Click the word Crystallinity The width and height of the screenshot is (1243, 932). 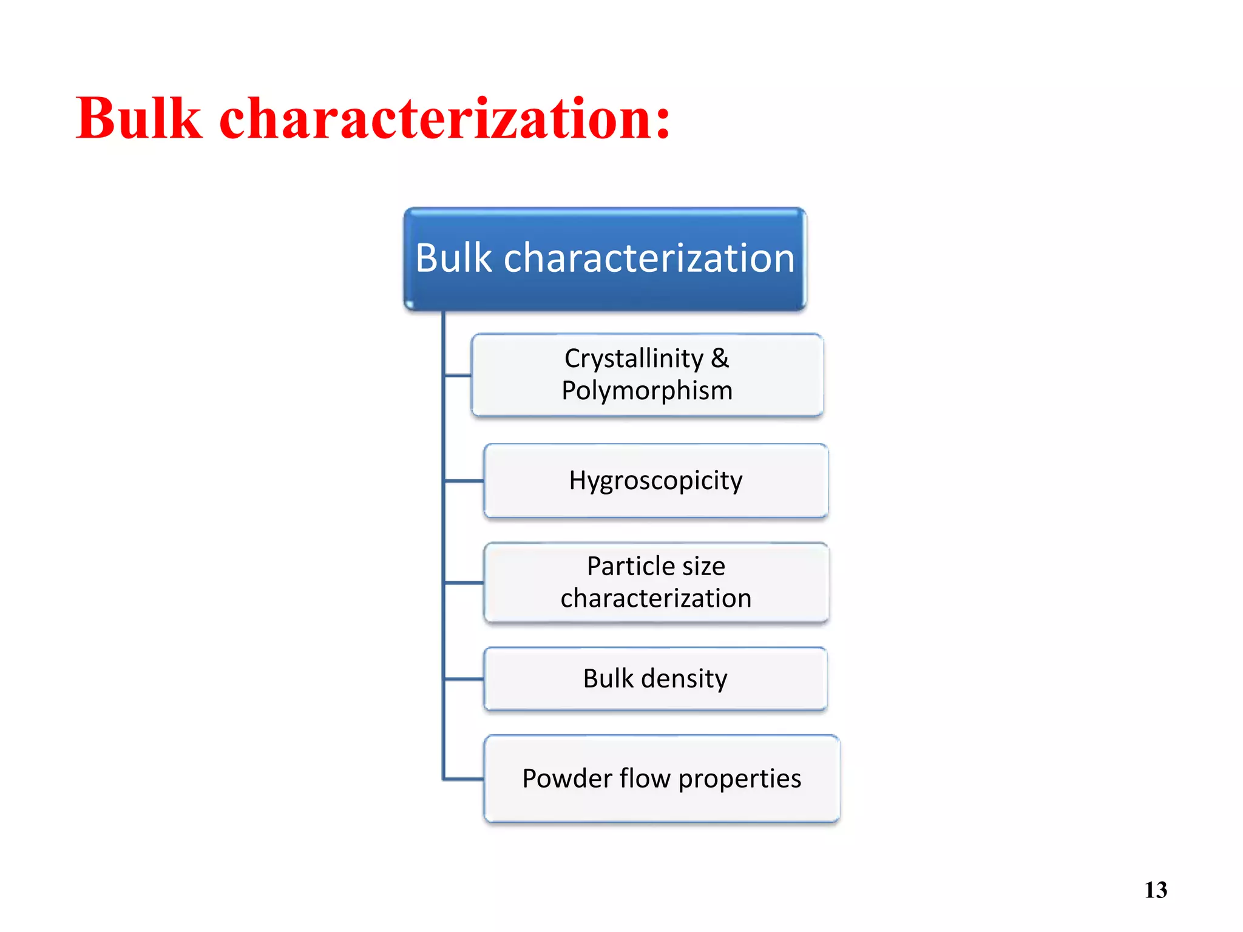click(633, 358)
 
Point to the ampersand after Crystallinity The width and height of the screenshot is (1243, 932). click(720, 358)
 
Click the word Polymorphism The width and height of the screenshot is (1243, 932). click(647, 390)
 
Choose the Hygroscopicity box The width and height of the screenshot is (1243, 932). click(655, 481)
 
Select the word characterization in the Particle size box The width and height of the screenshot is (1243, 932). click(655, 598)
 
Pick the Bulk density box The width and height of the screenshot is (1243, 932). click(655, 678)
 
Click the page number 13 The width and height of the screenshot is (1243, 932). click(1156, 890)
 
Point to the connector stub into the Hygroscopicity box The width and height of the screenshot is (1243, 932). click(464, 481)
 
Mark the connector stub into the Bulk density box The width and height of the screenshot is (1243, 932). click(464, 679)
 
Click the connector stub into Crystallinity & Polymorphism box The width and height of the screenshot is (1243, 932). click(458, 376)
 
